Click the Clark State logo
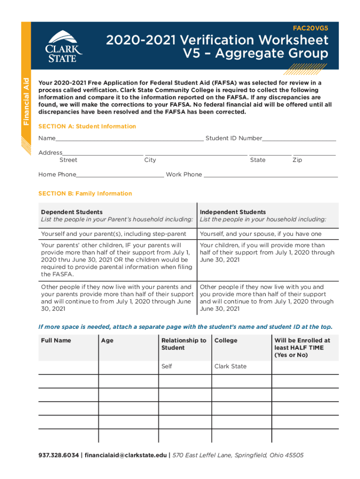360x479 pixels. coord(64,47)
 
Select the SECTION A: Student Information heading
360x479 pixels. coord(87,126)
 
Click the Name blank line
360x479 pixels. coord(130,139)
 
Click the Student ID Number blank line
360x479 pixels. coord(299,139)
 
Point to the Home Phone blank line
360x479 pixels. coord(120,175)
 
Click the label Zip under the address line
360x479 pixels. coord(297,160)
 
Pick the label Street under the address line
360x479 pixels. coord(68,160)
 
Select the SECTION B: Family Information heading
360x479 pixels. coord(85,193)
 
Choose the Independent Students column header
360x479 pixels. coord(233,212)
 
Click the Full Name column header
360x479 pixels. coord(56,341)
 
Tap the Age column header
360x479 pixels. coord(107,341)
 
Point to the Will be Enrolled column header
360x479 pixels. coord(302,348)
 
